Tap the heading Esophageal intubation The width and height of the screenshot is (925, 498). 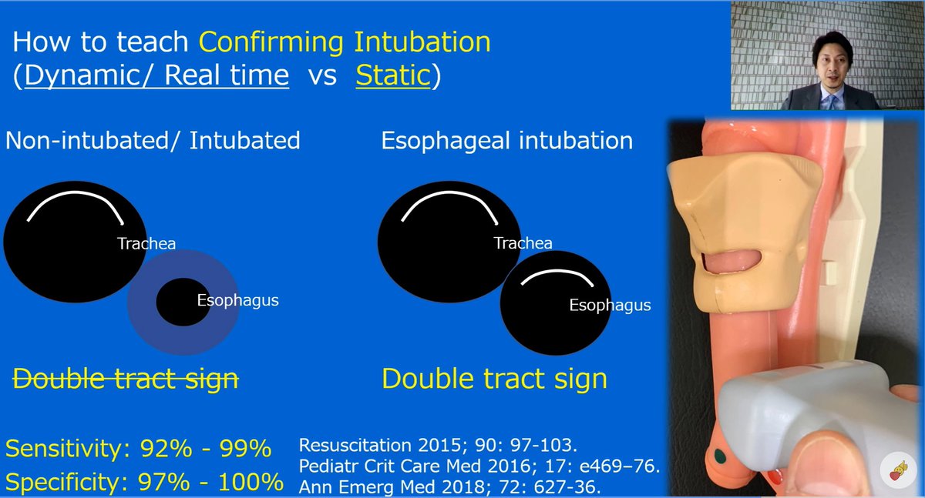pos(506,141)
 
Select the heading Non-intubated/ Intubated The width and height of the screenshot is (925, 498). pos(153,141)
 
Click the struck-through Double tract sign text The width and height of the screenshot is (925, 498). pos(126,378)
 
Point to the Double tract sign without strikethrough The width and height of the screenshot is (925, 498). pos(494,378)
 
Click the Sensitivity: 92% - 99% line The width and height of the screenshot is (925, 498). pos(138,448)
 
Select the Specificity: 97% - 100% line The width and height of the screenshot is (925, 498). pos(144,483)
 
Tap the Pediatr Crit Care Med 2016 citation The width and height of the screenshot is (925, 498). pos(479,466)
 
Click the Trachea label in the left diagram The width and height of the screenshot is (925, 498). pos(146,244)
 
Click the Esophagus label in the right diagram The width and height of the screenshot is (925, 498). pos(610,306)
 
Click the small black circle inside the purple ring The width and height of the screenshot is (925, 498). pos(177,302)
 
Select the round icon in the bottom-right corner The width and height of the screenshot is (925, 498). pos(900,470)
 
